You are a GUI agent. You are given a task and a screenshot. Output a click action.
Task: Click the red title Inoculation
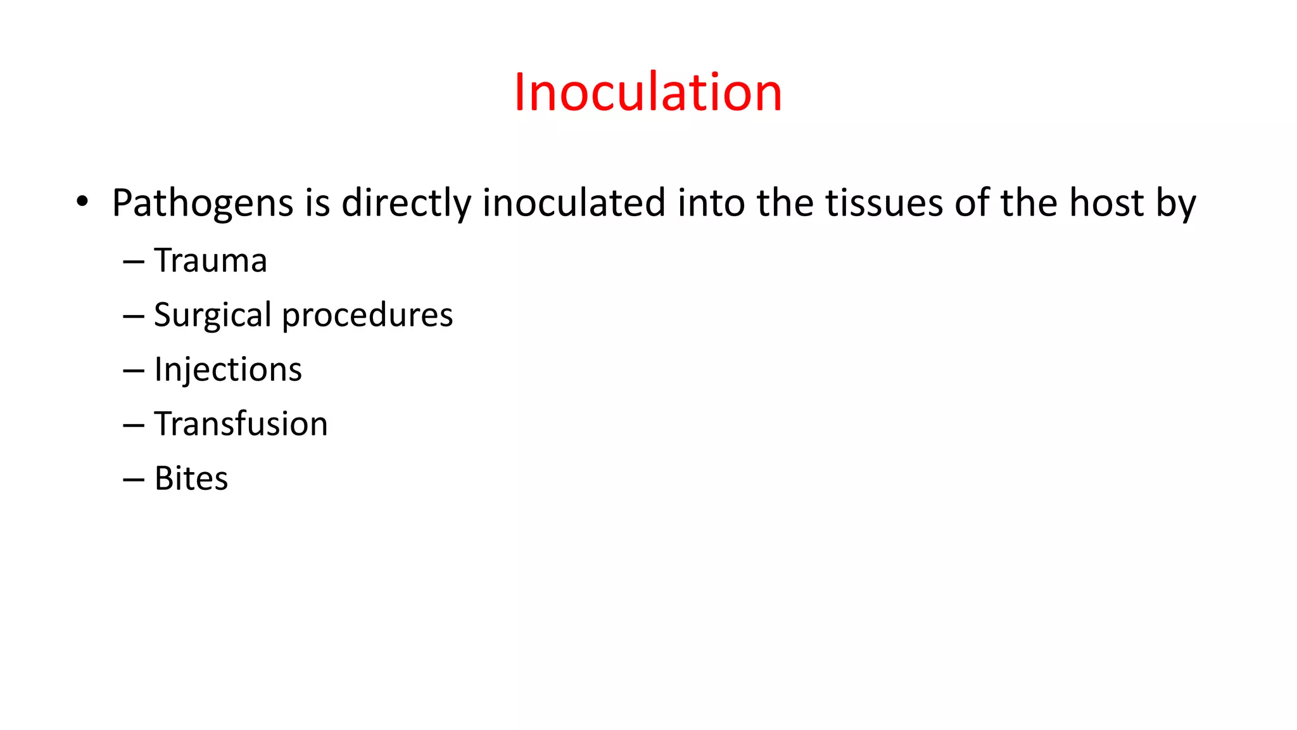click(647, 93)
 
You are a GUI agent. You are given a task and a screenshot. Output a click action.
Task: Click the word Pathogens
click(203, 204)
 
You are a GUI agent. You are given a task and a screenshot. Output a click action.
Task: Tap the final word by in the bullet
click(1176, 204)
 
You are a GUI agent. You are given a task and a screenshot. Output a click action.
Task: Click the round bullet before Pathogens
click(82, 202)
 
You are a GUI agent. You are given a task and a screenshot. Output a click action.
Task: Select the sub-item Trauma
click(210, 260)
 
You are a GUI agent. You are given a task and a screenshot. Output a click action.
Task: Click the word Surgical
click(213, 316)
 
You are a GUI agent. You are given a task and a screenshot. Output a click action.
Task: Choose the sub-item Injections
click(228, 370)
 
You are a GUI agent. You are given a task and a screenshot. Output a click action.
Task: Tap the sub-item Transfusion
click(241, 424)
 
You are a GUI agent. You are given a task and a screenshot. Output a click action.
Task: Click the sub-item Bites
click(191, 478)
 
